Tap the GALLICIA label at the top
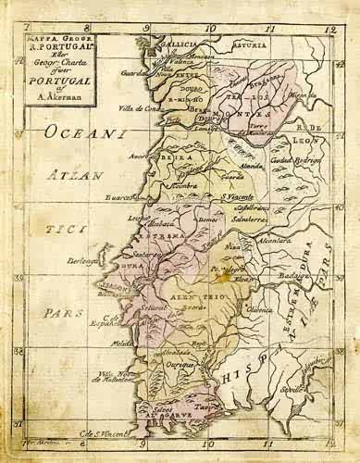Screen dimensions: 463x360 [x=168, y=43]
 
